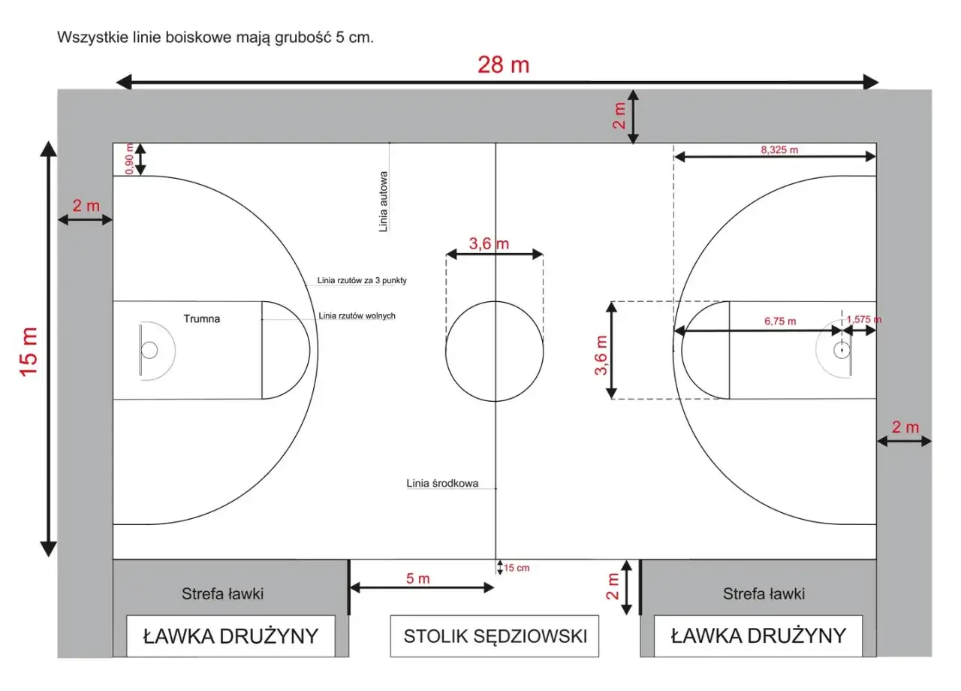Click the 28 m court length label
pyautogui.click(x=503, y=65)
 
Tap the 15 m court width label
pyautogui.click(x=29, y=352)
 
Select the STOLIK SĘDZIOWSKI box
pyautogui.click(x=495, y=636)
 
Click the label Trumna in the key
pyautogui.click(x=202, y=319)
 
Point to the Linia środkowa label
pyautogui.click(x=442, y=483)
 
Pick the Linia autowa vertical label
pyautogui.click(x=383, y=202)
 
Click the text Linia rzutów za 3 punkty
pyautogui.click(x=362, y=280)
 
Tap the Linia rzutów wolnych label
pyautogui.click(x=357, y=316)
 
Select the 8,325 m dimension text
pyautogui.click(x=779, y=149)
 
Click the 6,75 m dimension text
pyautogui.click(x=780, y=321)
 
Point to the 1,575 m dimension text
pyautogui.click(x=863, y=319)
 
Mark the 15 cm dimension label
pyautogui.click(x=517, y=568)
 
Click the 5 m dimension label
pyautogui.click(x=418, y=578)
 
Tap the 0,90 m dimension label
pyautogui.click(x=130, y=158)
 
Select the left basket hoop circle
pyautogui.click(x=149, y=350)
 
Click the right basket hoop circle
pyautogui.click(x=842, y=350)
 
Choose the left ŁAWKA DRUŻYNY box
pyautogui.click(x=230, y=636)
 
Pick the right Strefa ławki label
pyautogui.click(x=764, y=593)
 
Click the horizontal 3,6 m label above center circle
pyautogui.click(x=489, y=244)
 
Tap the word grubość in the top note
pyautogui.click(x=303, y=38)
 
